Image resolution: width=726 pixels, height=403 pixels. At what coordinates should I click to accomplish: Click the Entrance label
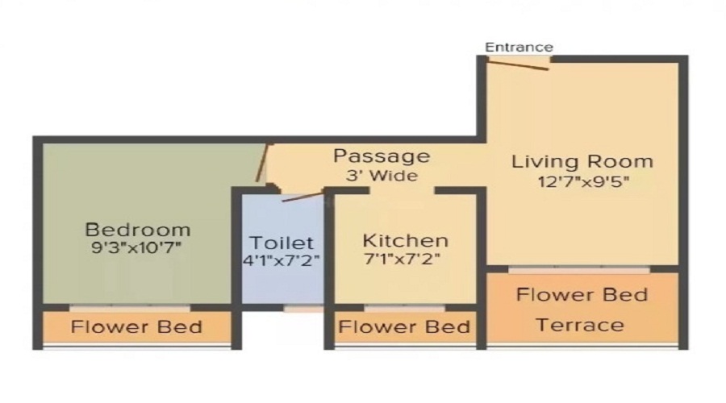click(x=519, y=48)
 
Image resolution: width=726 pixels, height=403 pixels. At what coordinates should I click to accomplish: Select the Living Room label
click(x=582, y=161)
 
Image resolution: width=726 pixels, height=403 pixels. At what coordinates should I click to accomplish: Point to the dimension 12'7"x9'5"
click(x=582, y=181)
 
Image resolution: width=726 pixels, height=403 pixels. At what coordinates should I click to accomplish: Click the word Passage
click(x=382, y=156)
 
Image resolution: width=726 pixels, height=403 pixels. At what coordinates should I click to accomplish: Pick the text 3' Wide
click(x=382, y=175)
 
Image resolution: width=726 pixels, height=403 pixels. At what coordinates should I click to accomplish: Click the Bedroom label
click(x=138, y=229)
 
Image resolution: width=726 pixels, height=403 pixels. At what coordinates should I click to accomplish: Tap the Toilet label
click(x=281, y=243)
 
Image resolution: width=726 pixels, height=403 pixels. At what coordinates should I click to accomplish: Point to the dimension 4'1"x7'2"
click(x=281, y=261)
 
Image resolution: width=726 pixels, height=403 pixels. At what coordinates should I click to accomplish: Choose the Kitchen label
click(x=405, y=240)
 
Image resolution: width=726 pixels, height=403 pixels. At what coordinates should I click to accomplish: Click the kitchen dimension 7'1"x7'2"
click(x=405, y=260)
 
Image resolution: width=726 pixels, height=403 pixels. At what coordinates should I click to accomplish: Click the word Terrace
click(x=580, y=325)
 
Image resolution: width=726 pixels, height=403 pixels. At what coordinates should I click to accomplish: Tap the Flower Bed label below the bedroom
click(x=136, y=327)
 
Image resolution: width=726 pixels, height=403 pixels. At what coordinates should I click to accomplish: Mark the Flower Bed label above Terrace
click(x=582, y=294)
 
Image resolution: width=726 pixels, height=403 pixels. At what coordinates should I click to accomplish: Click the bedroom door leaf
click(x=261, y=162)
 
